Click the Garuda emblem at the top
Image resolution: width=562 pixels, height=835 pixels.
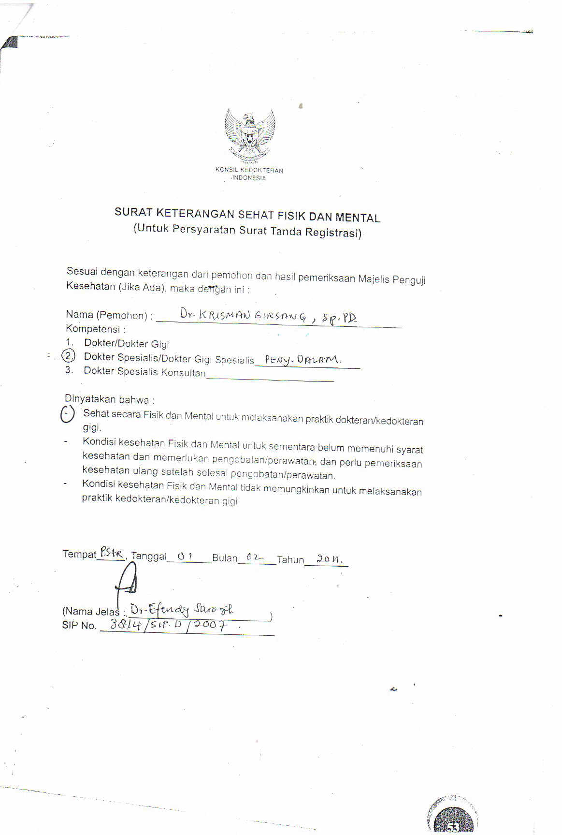(250, 136)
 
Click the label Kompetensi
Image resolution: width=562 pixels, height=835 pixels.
(93, 329)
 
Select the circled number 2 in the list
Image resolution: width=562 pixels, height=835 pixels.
(70, 356)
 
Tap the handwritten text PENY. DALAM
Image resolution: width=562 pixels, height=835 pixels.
(303, 360)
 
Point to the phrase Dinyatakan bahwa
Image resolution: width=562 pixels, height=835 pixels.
(109, 399)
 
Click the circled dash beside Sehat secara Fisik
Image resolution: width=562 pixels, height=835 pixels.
(67, 414)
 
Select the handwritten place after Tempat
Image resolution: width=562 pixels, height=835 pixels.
(111, 553)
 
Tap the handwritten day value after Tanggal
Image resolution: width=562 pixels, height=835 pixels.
(185, 556)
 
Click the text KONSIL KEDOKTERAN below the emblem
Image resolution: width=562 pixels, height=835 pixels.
(249, 170)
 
